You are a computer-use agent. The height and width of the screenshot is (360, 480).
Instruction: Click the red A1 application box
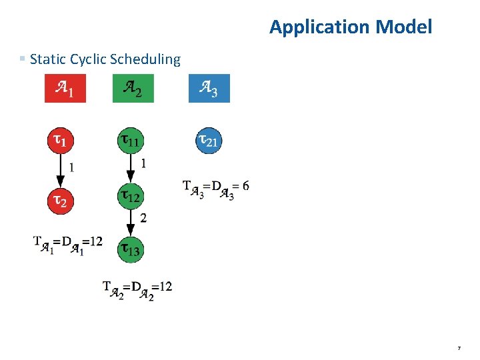(x=65, y=89)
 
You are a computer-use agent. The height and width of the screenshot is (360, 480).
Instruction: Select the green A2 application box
(x=133, y=89)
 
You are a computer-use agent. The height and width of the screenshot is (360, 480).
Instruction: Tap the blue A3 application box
(x=209, y=89)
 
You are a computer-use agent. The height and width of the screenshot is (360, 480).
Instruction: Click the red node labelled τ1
(x=60, y=141)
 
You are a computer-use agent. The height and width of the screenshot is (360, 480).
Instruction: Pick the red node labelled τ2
(x=60, y=199)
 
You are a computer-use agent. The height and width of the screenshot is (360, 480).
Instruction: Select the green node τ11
(x=130, y=141)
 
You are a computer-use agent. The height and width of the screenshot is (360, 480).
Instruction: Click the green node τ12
(x=130, y=196)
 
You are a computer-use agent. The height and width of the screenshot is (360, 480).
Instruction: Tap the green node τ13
(x=130, y=250)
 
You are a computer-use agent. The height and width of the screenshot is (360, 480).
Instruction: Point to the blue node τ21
(x=209, y=141)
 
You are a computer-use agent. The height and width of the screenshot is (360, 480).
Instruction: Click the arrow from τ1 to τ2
(x=60, y=171)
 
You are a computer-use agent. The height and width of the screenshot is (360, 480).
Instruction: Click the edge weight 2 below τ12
(x=143, y=218)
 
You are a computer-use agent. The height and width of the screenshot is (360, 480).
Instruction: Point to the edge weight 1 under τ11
(x=143, y=163)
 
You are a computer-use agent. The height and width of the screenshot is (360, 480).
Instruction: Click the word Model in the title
(x=404, y=27)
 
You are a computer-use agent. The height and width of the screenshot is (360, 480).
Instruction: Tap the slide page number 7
(x=459, y=348)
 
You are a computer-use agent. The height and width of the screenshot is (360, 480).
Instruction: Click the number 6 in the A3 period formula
(x=246, y=185)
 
